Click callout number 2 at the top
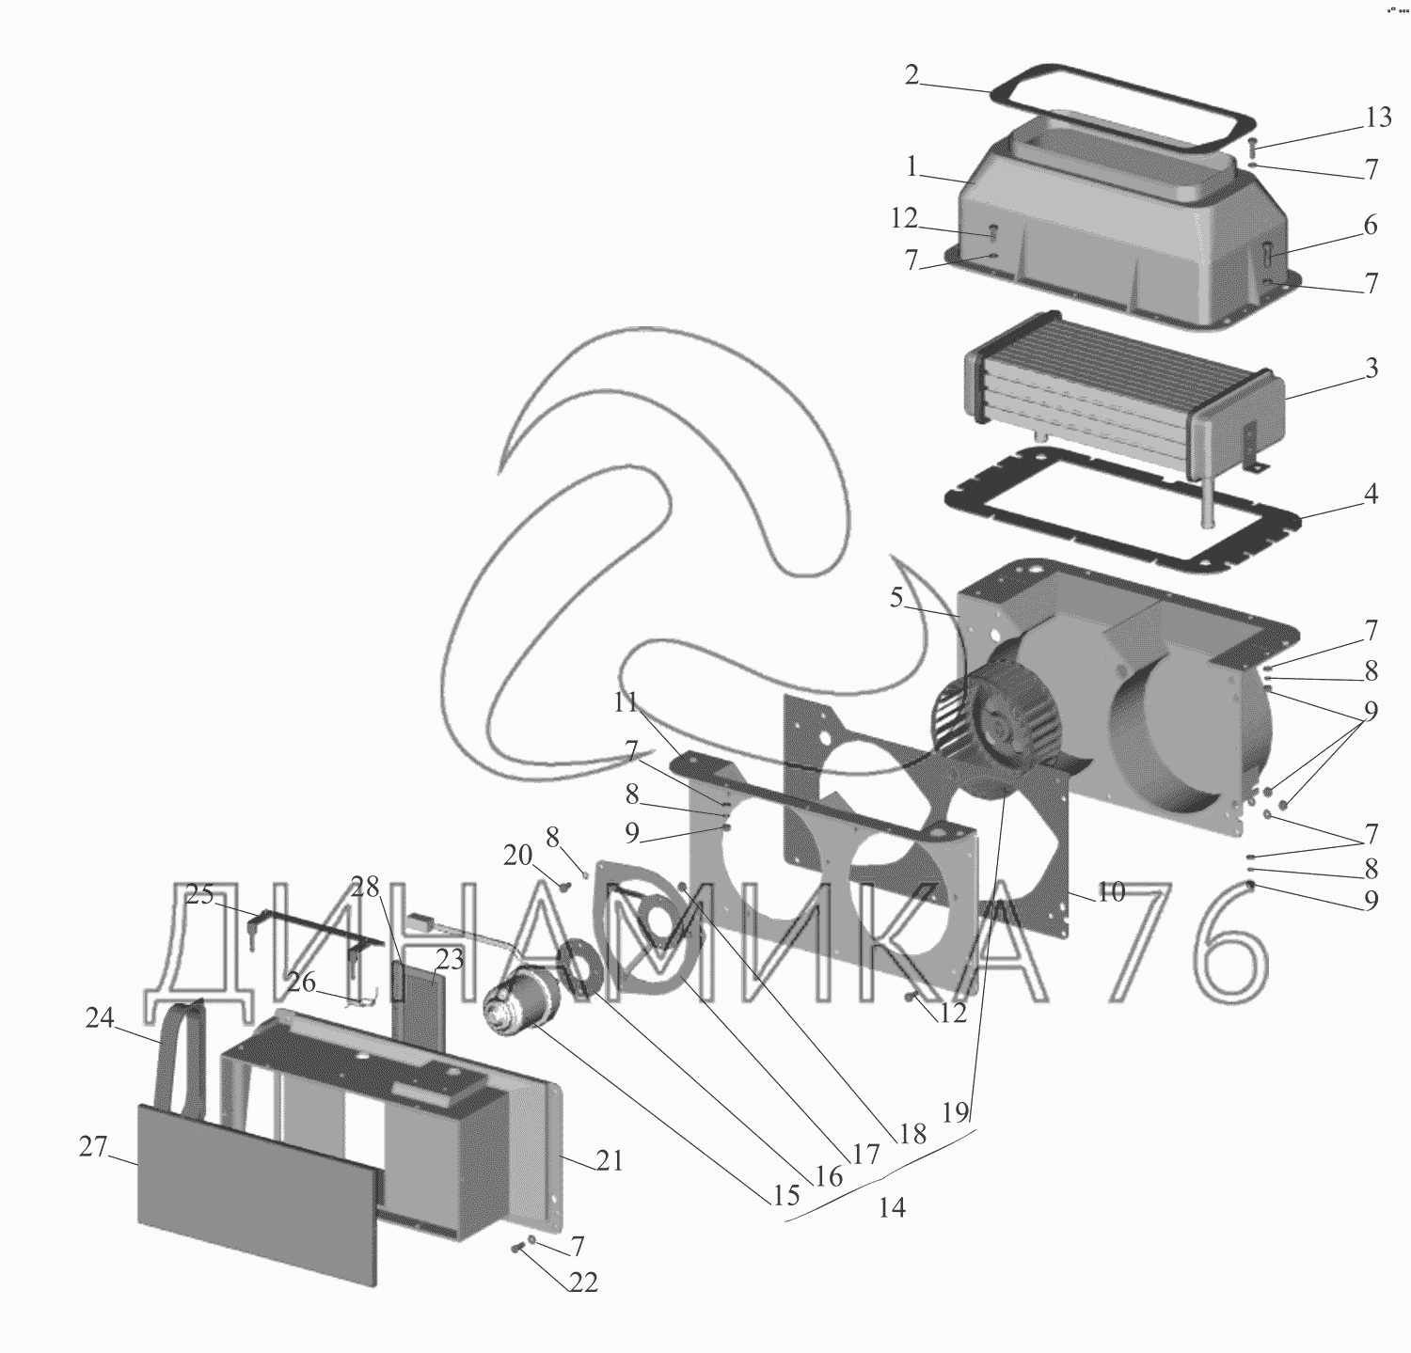coord(912,75)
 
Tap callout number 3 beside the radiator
coord(1371,368)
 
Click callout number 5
coord(896,596)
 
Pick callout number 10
coord(1112,891)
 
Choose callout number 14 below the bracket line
coord(892,1207)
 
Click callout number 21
coord(610,1161)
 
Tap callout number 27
coord(92,1147)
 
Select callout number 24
coord(99,1017)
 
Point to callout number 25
coord(199,895)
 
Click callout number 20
coord(517,855)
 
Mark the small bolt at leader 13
coord(1252,148)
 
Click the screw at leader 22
coord(519,1248)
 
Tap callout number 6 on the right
coord(1371,225)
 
